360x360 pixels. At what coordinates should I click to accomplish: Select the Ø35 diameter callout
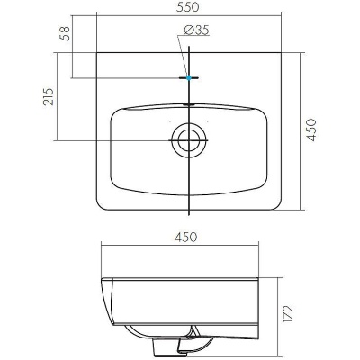[197, 31]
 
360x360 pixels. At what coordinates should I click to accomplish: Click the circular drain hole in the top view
[188, 139]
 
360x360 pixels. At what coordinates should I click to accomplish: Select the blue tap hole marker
[188, 78]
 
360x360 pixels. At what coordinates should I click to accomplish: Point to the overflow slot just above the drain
[188, 104]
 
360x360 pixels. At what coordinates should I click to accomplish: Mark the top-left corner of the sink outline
[95, 52]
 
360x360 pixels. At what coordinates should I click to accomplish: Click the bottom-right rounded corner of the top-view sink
[277, 204]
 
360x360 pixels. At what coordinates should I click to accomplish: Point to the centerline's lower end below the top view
[188, 216]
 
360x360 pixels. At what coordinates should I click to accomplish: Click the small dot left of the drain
[169, 122]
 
